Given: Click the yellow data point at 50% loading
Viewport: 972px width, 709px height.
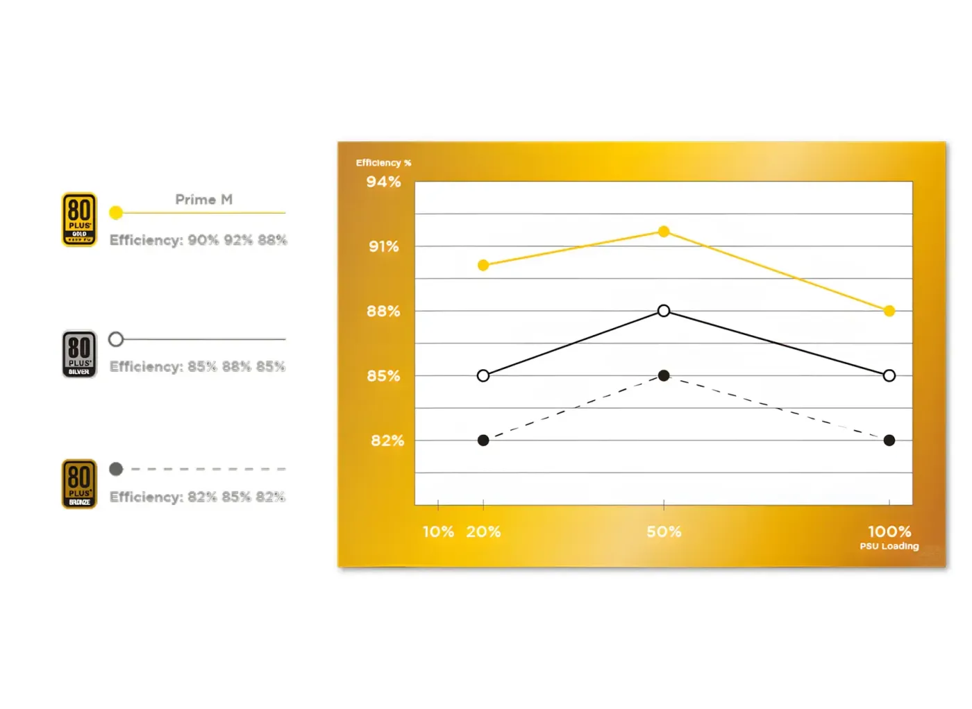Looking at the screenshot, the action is (x=664, y=232).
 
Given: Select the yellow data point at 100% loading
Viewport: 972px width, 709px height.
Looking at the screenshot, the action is (x=889, y=311).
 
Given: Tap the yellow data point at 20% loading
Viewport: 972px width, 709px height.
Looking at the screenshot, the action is (x=483, y=266).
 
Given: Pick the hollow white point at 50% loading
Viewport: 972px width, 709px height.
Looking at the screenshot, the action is (x=664, y=311).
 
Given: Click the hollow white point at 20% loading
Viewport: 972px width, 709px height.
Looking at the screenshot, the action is (x=483, y=375).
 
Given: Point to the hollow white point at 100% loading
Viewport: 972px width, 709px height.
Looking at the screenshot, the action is (x=889, y=375).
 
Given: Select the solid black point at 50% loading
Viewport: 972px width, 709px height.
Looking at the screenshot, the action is (x=664, y=375).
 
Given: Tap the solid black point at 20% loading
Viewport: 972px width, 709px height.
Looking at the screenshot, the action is (x=483, y=441).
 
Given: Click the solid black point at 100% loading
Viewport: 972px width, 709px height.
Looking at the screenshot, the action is (x=889, y=441).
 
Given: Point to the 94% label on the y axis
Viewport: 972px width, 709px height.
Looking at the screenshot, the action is (x=383, y=182).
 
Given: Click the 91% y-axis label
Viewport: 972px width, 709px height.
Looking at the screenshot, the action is (x=383, y=247).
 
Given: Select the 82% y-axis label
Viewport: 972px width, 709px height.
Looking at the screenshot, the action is (x=387, y=441).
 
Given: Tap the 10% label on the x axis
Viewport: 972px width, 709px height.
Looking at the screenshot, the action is (x=438, y=531).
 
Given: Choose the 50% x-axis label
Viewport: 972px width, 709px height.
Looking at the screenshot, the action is (x=664, y=531).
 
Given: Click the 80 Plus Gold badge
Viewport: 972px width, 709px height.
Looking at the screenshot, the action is (x=79, y=219).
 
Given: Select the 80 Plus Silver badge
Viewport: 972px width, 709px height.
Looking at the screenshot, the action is (x=79, y=354).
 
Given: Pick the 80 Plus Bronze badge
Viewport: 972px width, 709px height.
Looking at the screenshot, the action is (x=79, y=484).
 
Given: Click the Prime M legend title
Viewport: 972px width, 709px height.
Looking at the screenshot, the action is (x=204, y=200).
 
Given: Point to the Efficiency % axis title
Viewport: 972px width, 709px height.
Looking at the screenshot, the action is (x=383, y=163).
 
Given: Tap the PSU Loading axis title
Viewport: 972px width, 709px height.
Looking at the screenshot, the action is (x=889, y=547).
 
